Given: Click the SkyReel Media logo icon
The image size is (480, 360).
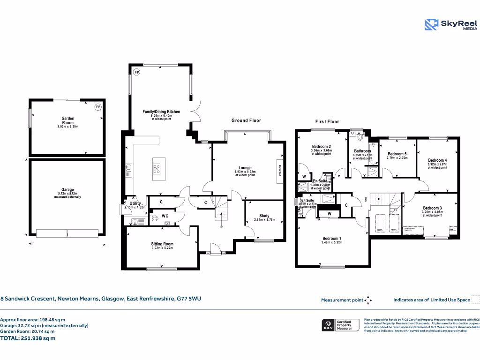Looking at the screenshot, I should point(431,24).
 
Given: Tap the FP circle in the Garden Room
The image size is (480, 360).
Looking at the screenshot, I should point(98,107).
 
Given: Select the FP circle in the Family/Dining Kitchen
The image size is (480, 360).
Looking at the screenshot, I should point(137,72).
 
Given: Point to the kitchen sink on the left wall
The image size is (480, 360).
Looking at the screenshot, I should point(127,171).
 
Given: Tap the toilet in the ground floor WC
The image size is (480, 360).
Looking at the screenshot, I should point(155,218).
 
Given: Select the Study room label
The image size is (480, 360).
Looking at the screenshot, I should point(264,216).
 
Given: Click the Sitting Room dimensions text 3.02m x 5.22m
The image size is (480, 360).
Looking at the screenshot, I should point(162,248).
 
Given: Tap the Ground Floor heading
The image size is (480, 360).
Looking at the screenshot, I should point(246,120).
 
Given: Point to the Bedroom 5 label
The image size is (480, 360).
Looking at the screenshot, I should point(397,154).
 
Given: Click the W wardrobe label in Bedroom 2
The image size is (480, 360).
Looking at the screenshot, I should point(304,177).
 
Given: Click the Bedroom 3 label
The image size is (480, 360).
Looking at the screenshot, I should point(432,208).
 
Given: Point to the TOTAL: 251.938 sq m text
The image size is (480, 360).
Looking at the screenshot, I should point(28,337).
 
